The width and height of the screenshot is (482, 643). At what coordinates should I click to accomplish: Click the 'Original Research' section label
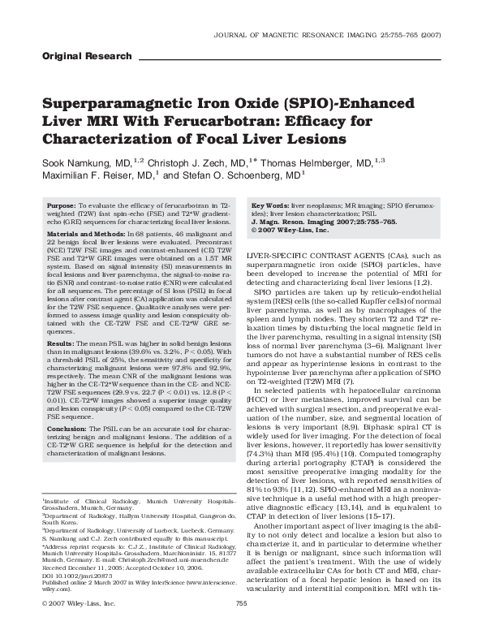85,56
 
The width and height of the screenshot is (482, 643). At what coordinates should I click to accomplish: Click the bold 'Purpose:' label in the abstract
62,207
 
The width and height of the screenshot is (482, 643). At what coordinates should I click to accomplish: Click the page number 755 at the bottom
240,627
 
